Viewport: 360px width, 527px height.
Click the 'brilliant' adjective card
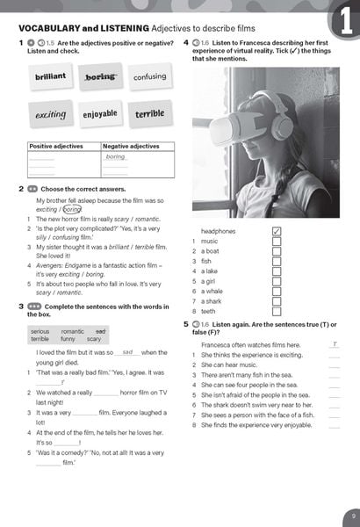coord(50,76)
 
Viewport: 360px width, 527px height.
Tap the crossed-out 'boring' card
coord(100,77)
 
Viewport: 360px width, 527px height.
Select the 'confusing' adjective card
coord(149,76)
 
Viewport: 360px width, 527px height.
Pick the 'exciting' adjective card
coord(50,115)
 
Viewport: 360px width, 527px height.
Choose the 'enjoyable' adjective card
coord(100,114)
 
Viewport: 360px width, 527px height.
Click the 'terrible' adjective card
coord(149,114)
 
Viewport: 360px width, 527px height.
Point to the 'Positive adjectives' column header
coord(54,147)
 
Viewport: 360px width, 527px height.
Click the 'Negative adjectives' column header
coord(130,147)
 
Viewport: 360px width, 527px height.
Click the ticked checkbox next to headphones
coord(277,231)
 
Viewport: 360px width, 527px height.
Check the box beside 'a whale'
coord(277,291)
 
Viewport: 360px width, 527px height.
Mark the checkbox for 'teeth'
coord(277,311)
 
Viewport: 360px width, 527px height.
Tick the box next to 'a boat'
coord(277,251)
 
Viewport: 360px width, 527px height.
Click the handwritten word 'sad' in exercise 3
coord(127,351)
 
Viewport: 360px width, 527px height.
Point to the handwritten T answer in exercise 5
coord(333,344)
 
